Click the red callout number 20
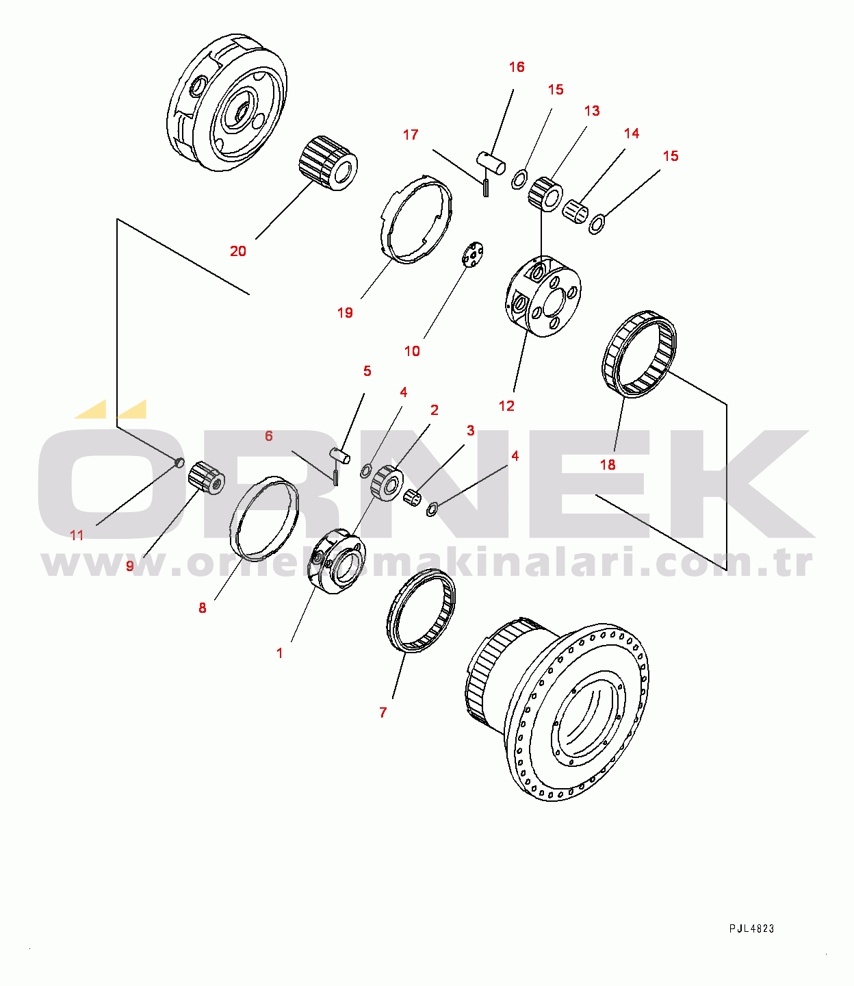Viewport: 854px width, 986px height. click(x=238, y=251)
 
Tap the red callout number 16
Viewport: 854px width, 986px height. click(x=517, y=67)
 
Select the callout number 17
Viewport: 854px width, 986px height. click(x=411, y=135)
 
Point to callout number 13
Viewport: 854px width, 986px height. click(x=592, y=111)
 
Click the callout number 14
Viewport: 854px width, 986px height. click(x=632, y=134)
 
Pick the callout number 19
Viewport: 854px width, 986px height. click(x=345, y=313)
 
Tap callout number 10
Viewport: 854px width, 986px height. click(x=412, y=351)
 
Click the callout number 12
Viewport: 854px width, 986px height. click(x=506, y=406)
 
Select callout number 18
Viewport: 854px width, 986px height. click(x=608, y=465)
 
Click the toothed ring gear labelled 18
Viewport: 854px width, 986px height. click(x=639, y=355)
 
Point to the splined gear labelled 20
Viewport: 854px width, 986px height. click(x=328, y=164)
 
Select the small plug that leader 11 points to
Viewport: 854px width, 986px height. click(x=179, y=462)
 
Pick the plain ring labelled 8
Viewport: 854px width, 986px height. click(x=264, y=518)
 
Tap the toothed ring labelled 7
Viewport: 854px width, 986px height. click(x=421, y=612)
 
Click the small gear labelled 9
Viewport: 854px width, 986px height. click(x=207, y=478)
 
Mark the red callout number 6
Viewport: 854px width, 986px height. click(x=268, y=435)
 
